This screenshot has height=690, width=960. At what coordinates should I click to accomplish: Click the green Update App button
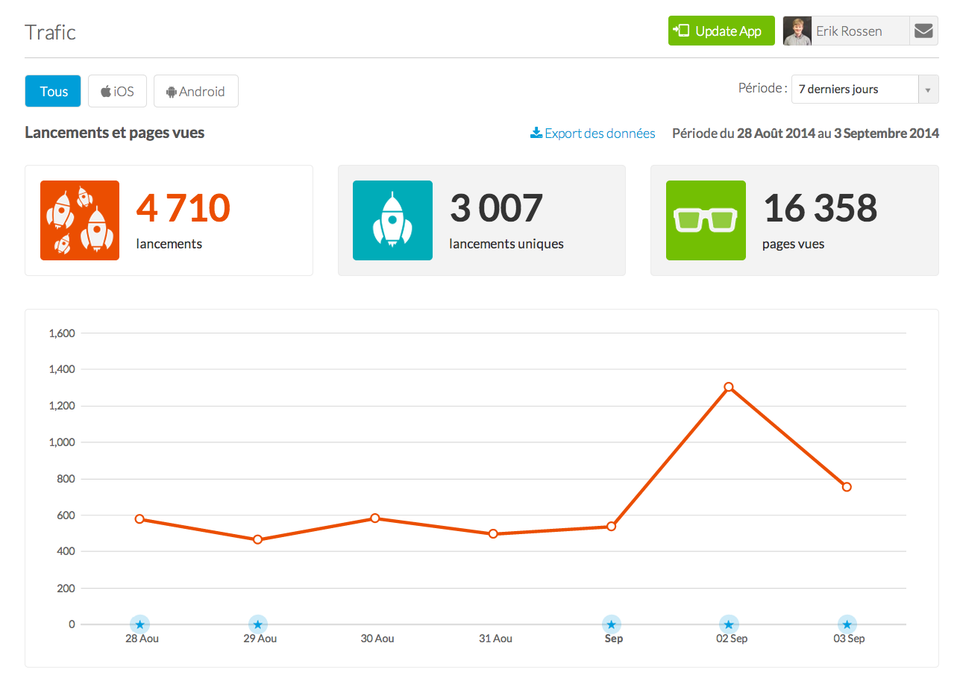721,31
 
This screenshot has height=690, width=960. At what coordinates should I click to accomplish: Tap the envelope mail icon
923,31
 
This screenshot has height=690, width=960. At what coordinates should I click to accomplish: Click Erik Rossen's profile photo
797,31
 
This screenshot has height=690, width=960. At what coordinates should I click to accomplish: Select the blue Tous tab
53,91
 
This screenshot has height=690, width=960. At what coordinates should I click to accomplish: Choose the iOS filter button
117,91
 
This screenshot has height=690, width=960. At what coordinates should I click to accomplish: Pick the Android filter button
195,91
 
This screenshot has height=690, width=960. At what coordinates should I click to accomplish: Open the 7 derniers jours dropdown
864,89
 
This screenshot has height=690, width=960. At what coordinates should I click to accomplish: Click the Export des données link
593,134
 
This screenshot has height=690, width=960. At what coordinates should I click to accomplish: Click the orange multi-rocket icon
80,220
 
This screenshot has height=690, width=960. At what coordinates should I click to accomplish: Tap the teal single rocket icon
392,220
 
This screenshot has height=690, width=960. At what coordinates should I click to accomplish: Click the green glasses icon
705,220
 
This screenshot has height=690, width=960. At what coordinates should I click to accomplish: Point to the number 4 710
183,208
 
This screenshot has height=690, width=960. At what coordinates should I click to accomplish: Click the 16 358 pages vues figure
821,208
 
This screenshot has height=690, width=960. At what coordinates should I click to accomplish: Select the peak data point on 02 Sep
729,386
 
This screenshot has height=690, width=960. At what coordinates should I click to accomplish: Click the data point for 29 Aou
257,539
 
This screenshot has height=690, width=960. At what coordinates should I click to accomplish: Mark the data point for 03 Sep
847,487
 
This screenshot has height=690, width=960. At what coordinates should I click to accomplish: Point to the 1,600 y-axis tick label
62,333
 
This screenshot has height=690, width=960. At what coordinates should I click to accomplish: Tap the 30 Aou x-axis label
377,639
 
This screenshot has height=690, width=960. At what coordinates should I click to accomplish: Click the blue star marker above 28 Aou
139,624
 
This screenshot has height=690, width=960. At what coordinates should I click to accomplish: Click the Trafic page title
50,32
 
